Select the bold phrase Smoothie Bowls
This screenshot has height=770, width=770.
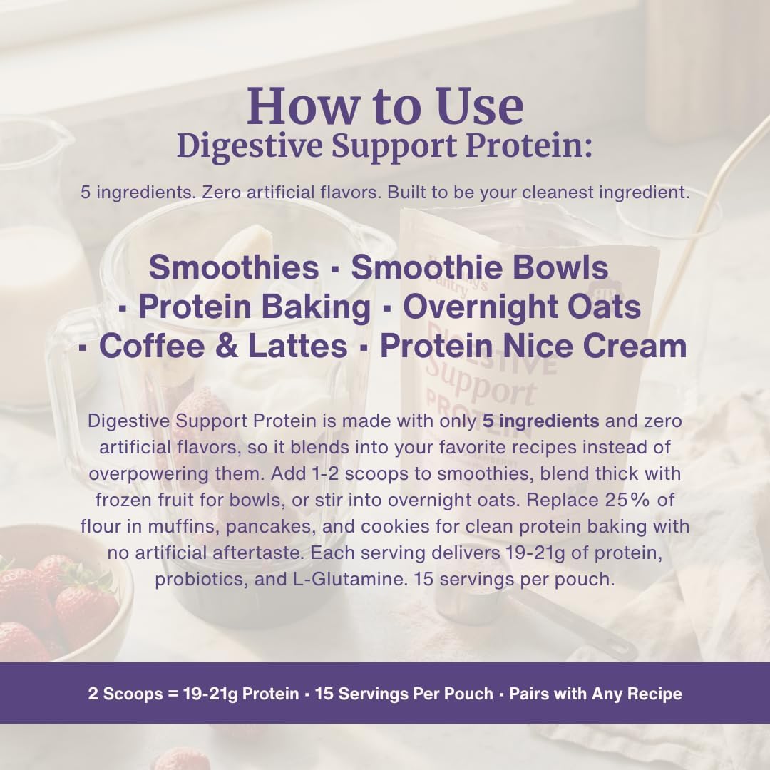click(x=480, y=267)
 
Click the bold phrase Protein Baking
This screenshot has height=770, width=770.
click(x=255, y=307)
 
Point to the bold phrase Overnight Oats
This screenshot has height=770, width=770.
click(x=522, y=307)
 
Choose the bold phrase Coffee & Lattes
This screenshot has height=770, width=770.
click(x=223, y=346)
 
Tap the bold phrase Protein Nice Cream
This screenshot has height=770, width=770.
click(x=533, y=346)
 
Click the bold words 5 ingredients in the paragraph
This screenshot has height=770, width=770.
click(x=540, y=421)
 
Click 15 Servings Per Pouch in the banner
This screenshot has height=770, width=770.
click(x=404, y=694)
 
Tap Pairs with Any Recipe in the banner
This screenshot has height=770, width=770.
click(x=595, y=694)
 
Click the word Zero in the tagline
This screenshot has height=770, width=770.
click(x=221, y=192)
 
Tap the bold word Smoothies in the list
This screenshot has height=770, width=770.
click(x=234, y=267)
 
